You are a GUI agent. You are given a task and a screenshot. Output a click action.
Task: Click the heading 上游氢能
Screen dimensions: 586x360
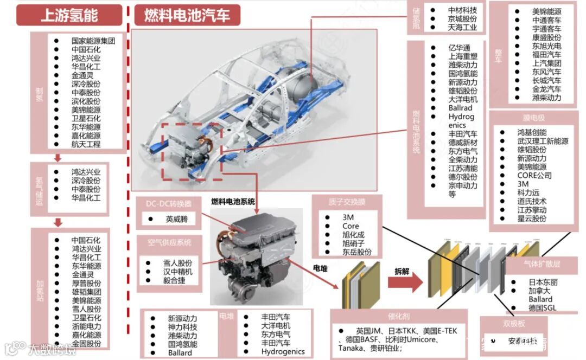[x=69, y=15]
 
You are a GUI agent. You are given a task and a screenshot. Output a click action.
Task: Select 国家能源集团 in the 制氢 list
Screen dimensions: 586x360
[x=93, y=40]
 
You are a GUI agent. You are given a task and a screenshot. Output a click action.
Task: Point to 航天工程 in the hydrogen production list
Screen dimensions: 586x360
[x=86, y=144]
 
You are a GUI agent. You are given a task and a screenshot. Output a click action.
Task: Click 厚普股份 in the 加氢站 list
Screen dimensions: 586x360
[x=86, y=283]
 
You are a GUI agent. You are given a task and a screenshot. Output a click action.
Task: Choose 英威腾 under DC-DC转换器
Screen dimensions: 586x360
[x=177, y=220]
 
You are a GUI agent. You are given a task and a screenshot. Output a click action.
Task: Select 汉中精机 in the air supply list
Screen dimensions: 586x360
[x=177, y=272]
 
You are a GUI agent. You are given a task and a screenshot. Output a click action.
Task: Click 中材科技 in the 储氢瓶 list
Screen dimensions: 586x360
[x=462, y=10]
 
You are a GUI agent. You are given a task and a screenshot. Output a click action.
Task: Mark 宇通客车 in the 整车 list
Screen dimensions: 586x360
[x=546, y=28]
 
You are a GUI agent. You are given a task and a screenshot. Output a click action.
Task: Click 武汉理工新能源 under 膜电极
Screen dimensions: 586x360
[x=543, y=141]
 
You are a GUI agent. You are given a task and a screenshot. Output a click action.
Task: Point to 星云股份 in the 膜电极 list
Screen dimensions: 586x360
[x=532, y=218]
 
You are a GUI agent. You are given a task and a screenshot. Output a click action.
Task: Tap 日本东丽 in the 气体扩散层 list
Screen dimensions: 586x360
[x=543, y=282]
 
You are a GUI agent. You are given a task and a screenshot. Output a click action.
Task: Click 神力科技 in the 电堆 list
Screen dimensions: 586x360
[x=182, y=327]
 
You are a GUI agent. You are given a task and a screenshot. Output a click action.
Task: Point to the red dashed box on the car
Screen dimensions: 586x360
[x=192, y=151]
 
